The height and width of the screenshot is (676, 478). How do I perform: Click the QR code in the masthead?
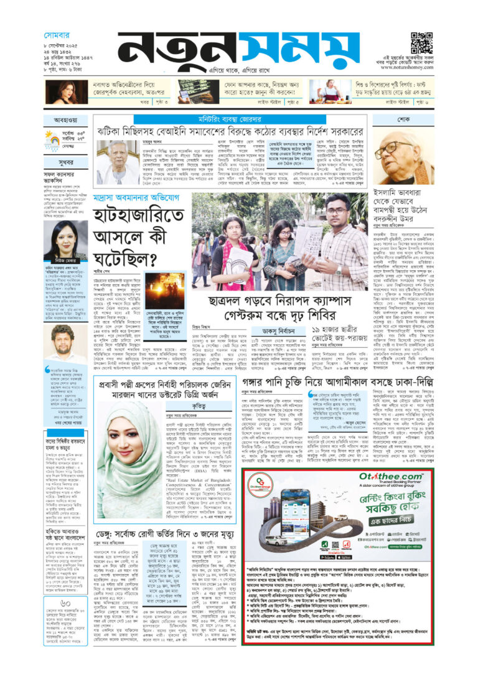421,42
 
